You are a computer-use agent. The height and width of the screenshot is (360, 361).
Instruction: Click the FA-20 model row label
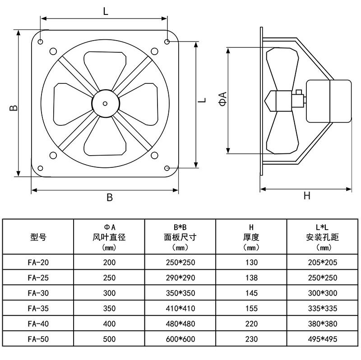[38, 262]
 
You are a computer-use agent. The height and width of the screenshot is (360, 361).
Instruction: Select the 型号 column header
[38, 237]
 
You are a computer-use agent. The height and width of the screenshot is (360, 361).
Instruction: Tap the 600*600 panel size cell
[180, 339]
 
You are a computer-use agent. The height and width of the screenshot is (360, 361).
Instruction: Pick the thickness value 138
[251, 277]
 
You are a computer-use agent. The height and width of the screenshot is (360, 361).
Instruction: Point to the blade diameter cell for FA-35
[109, 308]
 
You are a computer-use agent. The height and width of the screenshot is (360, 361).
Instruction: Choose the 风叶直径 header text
[109, 237]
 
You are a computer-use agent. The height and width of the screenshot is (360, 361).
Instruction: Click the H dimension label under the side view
[307, 195]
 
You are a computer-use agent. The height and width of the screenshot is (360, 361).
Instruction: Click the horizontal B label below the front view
[109, 198]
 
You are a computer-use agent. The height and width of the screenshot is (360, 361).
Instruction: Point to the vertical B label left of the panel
[14, 107]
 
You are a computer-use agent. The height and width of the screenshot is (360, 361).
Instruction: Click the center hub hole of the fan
[105, 103]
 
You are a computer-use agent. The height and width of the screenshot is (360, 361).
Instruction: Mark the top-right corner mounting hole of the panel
[167, 42]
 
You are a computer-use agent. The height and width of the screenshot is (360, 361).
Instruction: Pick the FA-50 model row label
[38, 339]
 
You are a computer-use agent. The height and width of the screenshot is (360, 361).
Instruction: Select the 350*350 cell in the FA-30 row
[180, 293]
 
